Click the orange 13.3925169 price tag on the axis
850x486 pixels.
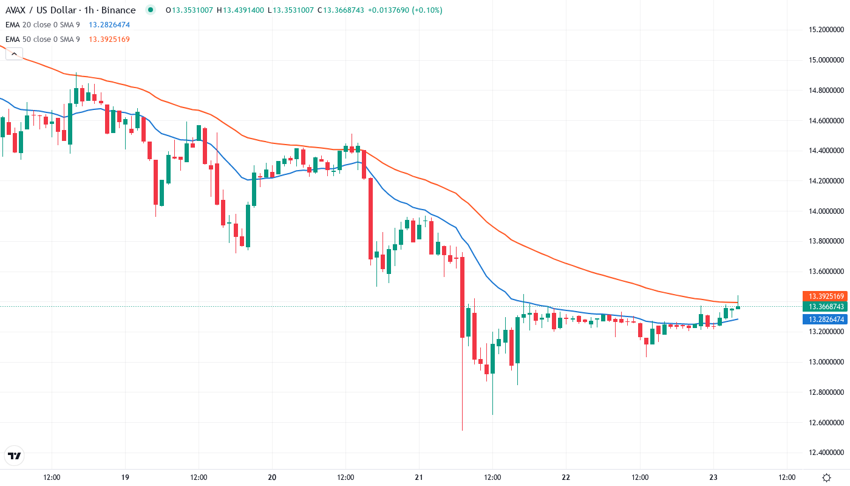[x=824, y=296]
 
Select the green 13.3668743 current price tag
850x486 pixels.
[x=824, y=307]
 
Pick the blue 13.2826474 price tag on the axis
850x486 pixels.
[x=824, y=319]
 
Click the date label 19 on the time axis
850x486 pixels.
[x=125, y=477]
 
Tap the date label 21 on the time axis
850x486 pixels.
[x=419, y=477]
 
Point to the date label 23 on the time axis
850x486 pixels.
[x=713, y=477]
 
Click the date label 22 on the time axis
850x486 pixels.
[x=566, y=477]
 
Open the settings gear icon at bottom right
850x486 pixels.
[x=826, y=477]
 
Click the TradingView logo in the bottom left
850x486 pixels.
[x=15, y=456]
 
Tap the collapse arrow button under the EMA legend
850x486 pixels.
[x=15, y=53]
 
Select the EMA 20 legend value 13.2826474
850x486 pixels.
[x=109, y=25]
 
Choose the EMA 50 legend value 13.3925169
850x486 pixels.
[x=109, y=39]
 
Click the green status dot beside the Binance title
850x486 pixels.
[x=151, y=10]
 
